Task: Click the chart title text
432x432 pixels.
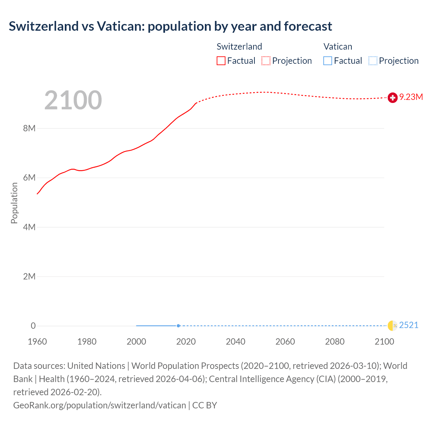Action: (170, 26)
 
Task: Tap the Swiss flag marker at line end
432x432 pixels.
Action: (392, 98)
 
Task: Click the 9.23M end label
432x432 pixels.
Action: (411, 97)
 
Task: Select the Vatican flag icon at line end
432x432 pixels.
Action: (392, 325)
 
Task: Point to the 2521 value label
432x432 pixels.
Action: (409, 325)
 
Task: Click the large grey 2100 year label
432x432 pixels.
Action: (73, 100)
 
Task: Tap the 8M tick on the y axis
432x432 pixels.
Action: (29, 128)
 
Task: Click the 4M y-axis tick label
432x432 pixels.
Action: (29, 227)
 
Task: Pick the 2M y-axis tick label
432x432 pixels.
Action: (29, 276)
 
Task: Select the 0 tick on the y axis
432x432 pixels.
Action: (33, 326)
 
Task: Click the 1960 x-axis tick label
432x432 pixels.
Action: (37, 342)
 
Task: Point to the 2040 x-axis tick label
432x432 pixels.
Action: (236, 342)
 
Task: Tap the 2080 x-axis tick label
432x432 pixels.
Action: (335, 342)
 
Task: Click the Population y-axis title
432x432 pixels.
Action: (14, 203)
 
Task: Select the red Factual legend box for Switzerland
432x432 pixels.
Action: (221, 61)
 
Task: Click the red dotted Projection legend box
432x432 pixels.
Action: (266, 61)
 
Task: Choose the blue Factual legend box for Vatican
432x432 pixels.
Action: (328, 61)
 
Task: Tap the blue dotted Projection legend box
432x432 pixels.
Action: (373, 61)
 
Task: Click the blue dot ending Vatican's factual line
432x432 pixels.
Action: (178, 326)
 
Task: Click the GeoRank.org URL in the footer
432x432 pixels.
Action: (100, 405)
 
